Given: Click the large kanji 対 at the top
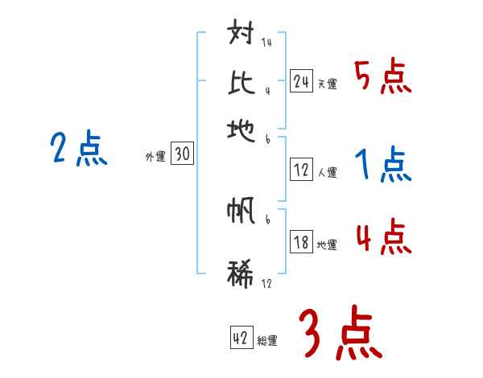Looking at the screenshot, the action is point(242,36).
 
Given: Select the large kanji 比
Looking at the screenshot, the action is point(241,82).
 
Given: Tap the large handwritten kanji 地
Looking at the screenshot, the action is point(241,129).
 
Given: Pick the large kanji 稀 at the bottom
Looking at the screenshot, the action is point(241,271).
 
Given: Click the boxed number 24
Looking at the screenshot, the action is point(301,81).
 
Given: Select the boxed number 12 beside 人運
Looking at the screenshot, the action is point(301,170).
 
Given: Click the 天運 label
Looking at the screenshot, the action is point(327,84).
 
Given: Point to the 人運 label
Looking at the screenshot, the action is point(327,172).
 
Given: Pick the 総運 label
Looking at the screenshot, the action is point(267,341).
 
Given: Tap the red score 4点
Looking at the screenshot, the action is point(382,238).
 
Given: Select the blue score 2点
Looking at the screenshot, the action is point(78,150).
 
